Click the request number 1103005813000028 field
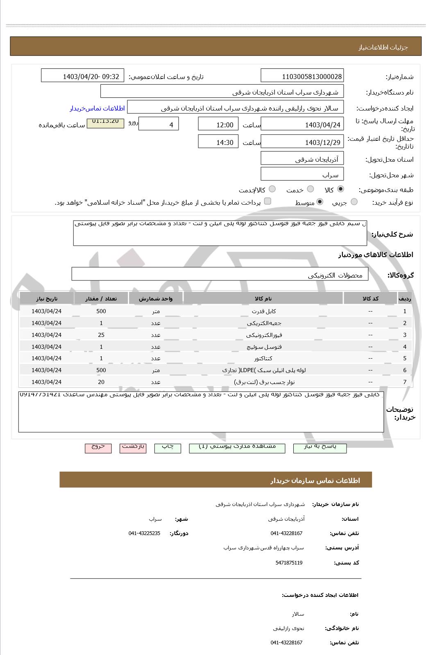tap(302, 76)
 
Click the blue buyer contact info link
tap(97, 108)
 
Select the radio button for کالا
tap(340, 189)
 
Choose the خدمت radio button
tap(311, 189)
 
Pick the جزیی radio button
tap(354, 202)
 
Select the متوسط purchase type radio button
tap(320, 202)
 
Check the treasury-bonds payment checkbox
tap(268, 201)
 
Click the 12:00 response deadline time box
tap(218, 124)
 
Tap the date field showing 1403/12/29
tap(302, 142)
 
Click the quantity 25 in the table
tap(101, 335)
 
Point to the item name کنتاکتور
tap(263, 358)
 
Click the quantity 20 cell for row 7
tap(101, 382)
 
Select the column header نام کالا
tap(263, 298)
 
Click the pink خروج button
tap(98, 447)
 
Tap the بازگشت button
tap(133, 447)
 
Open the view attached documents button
tap(237, 447)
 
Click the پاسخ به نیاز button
tap(320, 447)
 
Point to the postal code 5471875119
tap(289, 563)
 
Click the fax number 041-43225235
tap(144, 533)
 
